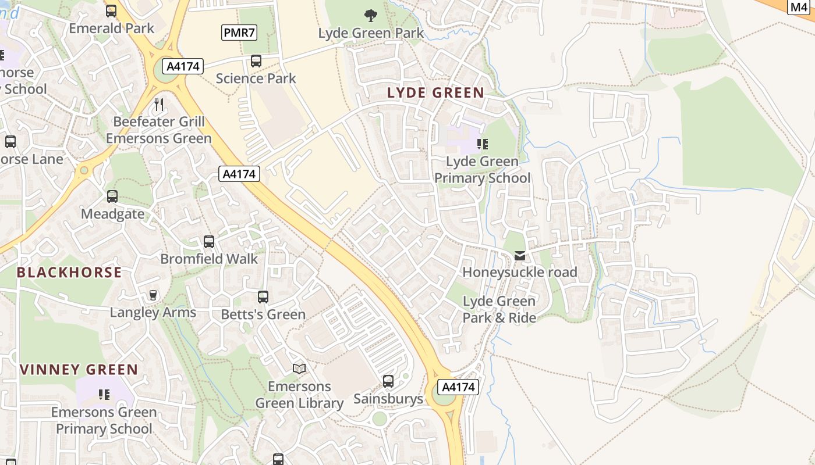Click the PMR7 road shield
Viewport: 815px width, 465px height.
pyautogui.click(x=239, y=33)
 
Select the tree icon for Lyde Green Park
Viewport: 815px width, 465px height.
pyautogui.click(x=370, y=16)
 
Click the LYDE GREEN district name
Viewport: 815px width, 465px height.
pyautogui.click(x=435, y=92)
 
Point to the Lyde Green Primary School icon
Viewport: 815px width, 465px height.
pyautogui.click(x=482, y=144)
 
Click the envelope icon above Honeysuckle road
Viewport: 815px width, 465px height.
pyautogui.click(x=520, y=256)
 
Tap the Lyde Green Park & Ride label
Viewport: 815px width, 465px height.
pyautogui.click(x=499, y=309)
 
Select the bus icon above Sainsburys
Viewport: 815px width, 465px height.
pyautogui.click(x=388, y=381)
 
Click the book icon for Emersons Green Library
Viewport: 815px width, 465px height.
pyautogui.click(x=299, y=369)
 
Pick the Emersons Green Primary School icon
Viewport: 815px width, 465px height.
pyautogui.click(x=105, y=395)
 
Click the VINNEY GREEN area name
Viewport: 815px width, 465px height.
pyautogui.click(x=79, y=370)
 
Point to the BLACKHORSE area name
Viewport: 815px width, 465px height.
pyautogui.click(x=69, y=272)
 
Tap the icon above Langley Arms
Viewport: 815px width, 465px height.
pyautogui.click(x=153, y=295)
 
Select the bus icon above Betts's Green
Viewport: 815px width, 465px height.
pyautogui.click(x=263, y=297)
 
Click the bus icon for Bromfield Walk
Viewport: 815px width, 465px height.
pyautogui.click(x=209, y=242)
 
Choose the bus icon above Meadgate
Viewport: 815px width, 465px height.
pyautogui.click(x=112, y=196)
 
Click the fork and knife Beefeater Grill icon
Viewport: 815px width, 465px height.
pyautogui.click(x=159, y=105)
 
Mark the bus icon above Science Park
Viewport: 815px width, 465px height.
pyautogui.click(x=256, y=61)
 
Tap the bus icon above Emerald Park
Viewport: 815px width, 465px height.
pyautogui.click(x=111, y=11)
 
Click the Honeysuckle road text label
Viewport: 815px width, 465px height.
pyautogui.click(x=519, y=272)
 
